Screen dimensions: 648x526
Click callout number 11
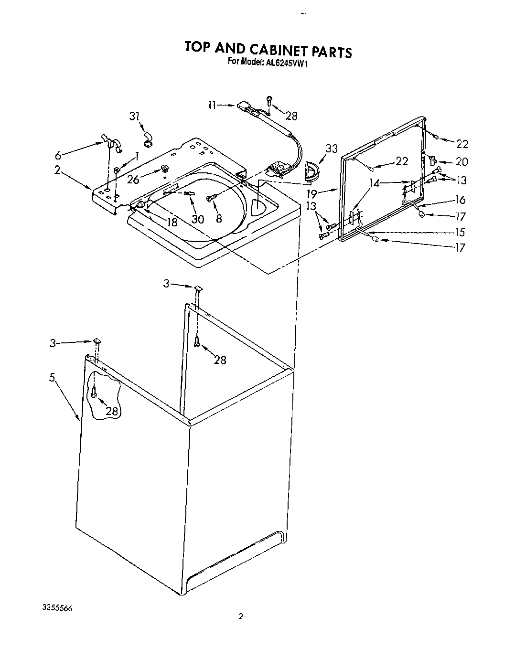pos(213,105)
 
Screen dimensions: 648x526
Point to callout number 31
pos(135,116)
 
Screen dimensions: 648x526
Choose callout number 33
pos(331,149)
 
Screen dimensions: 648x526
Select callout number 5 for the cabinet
pos(52,378)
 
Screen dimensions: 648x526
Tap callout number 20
pos(462,162)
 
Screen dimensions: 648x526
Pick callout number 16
pos(460,200)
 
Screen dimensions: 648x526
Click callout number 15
pos(460,232)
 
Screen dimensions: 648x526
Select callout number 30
pos(197,219)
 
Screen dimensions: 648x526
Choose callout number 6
pos(58,155)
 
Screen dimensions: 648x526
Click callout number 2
pos(57,170)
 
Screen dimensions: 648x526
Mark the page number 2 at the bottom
pos(241,616)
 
